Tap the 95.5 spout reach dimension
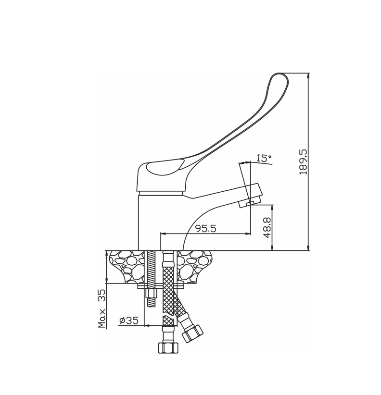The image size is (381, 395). [x=206, y=228]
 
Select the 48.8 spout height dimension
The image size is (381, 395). [x=267, y=227]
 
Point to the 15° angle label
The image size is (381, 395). [x=264, y=158]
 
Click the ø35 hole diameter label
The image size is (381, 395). [x=128, y=321]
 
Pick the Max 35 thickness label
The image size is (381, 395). [x=102, y=309]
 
